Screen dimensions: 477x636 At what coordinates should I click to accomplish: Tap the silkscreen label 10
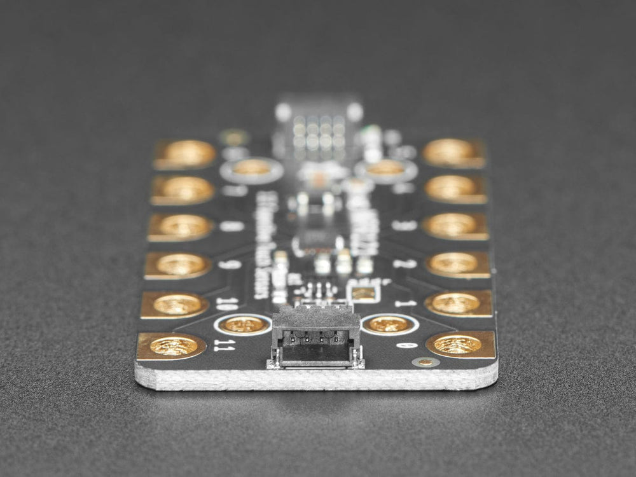[x=226, y=303]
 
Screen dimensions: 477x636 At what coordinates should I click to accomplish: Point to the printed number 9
[x=230, y=264]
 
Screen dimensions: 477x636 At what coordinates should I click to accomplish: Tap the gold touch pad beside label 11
[x=173, y=346]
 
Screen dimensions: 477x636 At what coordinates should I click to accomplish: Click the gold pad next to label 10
[x=177, y=305]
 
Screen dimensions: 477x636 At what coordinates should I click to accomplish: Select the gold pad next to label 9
[x=180, y=265]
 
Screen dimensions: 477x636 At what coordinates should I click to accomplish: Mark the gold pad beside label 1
[x=456, y=303]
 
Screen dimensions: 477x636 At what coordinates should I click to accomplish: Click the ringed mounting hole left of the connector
[x=244, y=324]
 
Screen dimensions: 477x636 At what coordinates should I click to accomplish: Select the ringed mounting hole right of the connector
[x=389, y=324]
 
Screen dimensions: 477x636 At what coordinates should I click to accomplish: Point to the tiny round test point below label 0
[x=425, y=362]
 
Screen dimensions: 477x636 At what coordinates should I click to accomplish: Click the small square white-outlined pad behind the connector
[x=364, y=293]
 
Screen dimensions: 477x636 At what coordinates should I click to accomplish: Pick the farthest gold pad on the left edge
[x=186, y=154]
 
